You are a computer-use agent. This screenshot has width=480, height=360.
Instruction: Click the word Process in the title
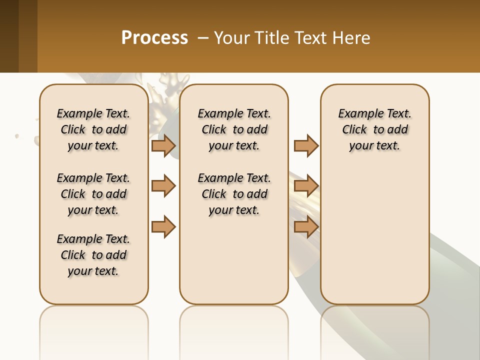154,38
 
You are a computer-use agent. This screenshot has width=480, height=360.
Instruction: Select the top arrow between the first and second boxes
163,145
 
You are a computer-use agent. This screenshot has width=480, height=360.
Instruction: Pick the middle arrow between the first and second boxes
163,186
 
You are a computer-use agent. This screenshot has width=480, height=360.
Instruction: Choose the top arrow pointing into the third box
306,145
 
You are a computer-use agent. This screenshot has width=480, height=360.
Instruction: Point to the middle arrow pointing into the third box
306,186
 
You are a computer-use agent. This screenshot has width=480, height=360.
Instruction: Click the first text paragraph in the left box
93,129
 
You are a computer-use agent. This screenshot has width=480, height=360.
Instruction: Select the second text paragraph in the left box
93,194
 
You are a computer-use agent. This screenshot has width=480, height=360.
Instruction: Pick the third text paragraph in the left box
93,255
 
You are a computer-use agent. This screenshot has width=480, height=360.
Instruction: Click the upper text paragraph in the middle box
234,129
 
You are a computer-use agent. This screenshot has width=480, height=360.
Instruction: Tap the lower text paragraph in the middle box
234,194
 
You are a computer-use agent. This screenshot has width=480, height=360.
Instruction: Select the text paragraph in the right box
374,129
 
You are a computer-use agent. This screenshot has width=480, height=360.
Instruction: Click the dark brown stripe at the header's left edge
9,36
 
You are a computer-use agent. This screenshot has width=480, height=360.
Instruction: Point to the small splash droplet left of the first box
17,135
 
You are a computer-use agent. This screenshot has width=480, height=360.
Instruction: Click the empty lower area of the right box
374,240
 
